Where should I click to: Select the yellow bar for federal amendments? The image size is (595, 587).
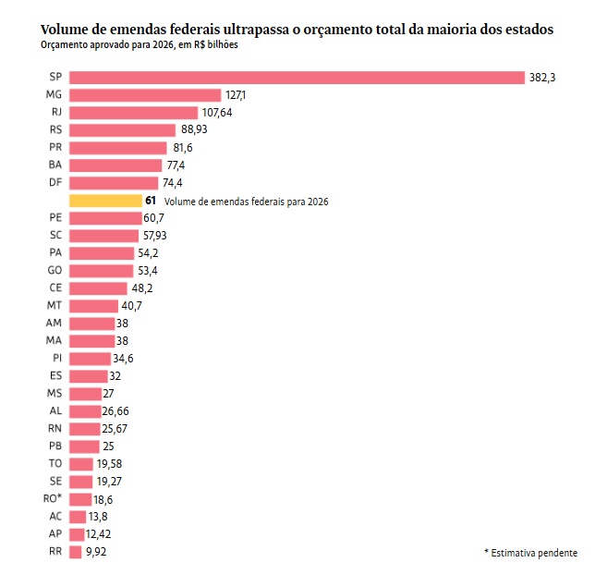tap(104, 201)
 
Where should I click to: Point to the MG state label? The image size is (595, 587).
tap(54, 95)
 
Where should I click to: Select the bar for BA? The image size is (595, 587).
tap(115, 165)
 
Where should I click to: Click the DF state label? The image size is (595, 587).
tap(54, 183)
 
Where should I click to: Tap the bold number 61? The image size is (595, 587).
tap(151, 201)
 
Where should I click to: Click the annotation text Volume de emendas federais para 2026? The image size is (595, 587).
tap(247, 202)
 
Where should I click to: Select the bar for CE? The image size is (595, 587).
tap(98, 287)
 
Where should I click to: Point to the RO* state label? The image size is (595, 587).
tap(53, 499)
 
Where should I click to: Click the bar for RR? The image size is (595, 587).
tap(76, 552)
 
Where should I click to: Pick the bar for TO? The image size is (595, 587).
tap(81, 464)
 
